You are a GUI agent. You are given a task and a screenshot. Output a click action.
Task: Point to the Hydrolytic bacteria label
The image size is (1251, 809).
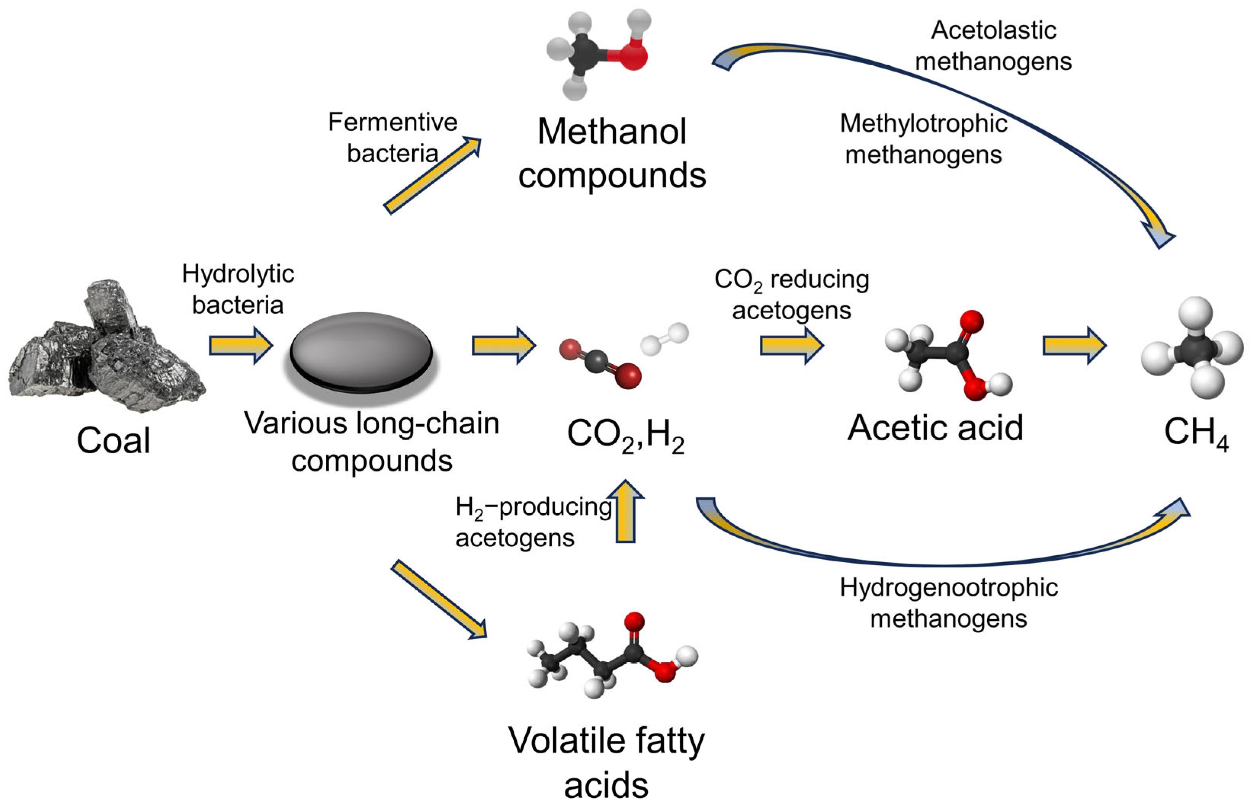point(238,289)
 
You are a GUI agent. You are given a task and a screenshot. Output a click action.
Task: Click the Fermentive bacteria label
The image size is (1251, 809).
point(392,137)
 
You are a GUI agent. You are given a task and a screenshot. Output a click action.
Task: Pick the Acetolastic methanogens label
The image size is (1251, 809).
point(993,46)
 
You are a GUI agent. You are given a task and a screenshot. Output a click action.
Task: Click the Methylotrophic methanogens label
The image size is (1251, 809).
point(923,139)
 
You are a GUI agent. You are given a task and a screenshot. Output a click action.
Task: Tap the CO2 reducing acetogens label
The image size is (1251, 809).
point(791,295)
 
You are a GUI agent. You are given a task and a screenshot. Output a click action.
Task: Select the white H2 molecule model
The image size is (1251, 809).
point(664,339)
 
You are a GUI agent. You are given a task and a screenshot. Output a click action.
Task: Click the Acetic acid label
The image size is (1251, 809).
point(935,428)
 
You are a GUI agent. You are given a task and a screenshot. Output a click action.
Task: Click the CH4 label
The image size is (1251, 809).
point(1196,433)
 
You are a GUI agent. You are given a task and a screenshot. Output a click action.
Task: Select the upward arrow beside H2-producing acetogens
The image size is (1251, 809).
point(625,512)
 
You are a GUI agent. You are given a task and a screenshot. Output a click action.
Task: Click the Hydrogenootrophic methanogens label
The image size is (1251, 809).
point(948,603)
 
